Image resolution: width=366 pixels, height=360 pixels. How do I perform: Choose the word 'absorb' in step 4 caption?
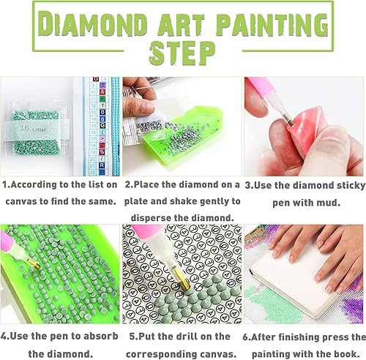coord(99,337)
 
